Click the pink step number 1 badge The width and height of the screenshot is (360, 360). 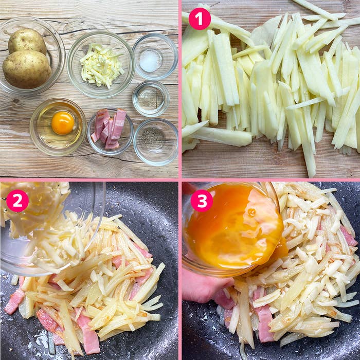click(200, 19)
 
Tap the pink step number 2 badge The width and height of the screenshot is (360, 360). click(17, 201)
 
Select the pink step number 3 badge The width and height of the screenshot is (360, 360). click(202, 201)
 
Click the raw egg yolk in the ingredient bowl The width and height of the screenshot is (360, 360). click(63, 123)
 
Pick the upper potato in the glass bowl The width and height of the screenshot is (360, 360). click(27, 41)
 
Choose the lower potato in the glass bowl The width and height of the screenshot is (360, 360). click(27, 69)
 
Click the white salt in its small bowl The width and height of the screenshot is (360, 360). click(150, 61)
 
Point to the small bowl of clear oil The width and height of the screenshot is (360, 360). click(151, 98)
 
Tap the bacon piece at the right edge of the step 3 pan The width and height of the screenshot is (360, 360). click(349, 236)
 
